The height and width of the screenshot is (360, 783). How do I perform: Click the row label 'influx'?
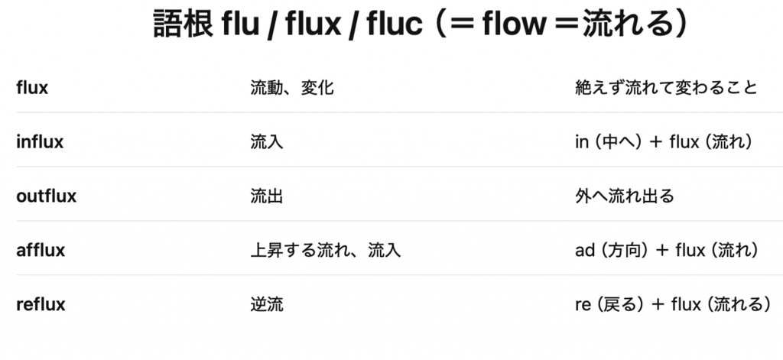click(x=40, y=142)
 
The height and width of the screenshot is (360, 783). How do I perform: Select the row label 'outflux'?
click(x=47, y=196)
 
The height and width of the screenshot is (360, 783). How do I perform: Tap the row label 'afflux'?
click(x=41, y=250)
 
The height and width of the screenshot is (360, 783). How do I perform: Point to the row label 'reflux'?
click(x=41, y=304)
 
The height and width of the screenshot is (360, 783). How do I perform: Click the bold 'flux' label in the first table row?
click(x=32, y=88)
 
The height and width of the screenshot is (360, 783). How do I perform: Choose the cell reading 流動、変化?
click(x=292, y=88)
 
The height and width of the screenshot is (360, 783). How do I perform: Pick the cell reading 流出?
click(x=267, y=196)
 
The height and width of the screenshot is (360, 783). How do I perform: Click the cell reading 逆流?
click(x=267, y=304)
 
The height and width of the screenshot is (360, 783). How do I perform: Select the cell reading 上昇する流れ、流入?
click(x=326, y=250)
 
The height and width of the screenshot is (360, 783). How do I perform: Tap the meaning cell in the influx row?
click(x=267, y=142)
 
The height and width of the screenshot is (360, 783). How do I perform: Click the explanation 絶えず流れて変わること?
click(x=666, y=88)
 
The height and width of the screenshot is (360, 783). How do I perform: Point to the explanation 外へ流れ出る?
click(x=625, y=196)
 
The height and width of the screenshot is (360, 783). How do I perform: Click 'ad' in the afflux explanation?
click(x=584, y=250)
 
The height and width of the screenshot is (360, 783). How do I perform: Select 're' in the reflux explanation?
click(x=583, y=304)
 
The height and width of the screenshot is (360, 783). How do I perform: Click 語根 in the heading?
click(x=182, y=25)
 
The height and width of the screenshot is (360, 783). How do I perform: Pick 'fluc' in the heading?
click(x=393, y=25)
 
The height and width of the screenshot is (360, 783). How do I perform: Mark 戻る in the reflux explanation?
click(x=619, y=304)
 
